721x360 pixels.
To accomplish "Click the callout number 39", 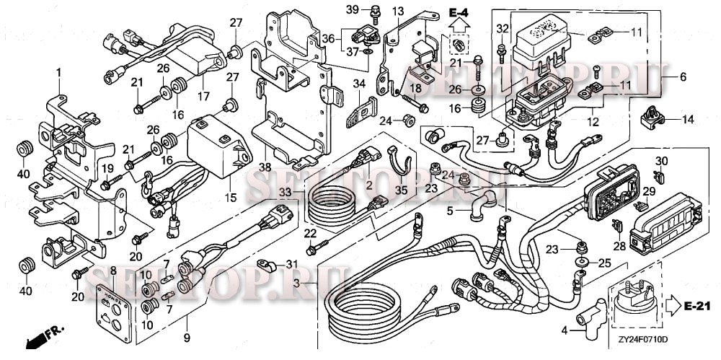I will pyautogui.click(x=351, y=9).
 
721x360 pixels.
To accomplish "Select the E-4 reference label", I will pyautogui.click(x=457, y=12).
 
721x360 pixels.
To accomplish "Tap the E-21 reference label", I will pyautogui.click(x=696, y=307).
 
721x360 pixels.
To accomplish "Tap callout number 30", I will pyautogui.click(x=662, y=160).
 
